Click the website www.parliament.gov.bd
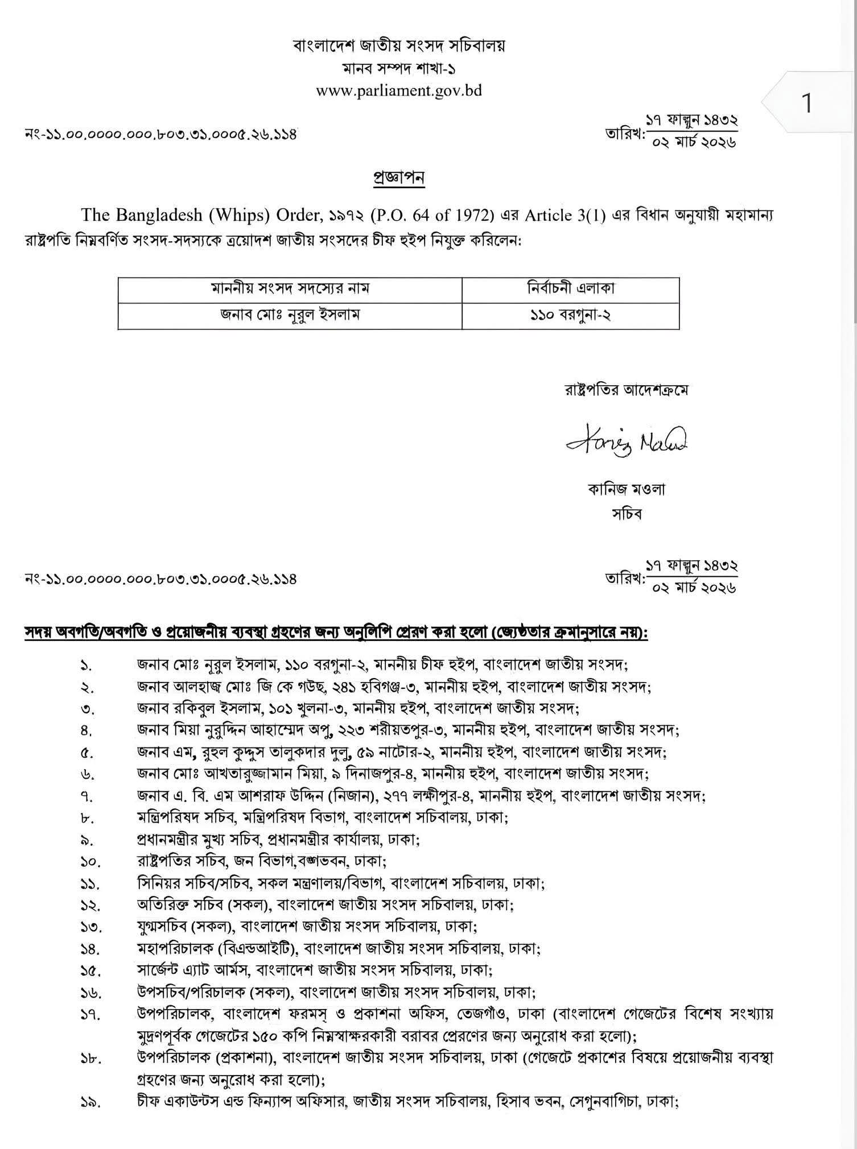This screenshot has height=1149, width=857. (399, 90)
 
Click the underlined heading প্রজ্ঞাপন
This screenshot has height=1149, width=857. (398, 178)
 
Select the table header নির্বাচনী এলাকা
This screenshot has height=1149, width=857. (570, 288)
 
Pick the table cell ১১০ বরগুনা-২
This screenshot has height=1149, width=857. (570, 315)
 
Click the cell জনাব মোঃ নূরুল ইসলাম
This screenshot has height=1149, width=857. (290, 315)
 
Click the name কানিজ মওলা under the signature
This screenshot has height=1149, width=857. (626, 489)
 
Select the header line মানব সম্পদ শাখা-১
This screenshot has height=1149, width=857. (399, 68)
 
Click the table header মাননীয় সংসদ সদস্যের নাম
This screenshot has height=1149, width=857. (290, 288)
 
